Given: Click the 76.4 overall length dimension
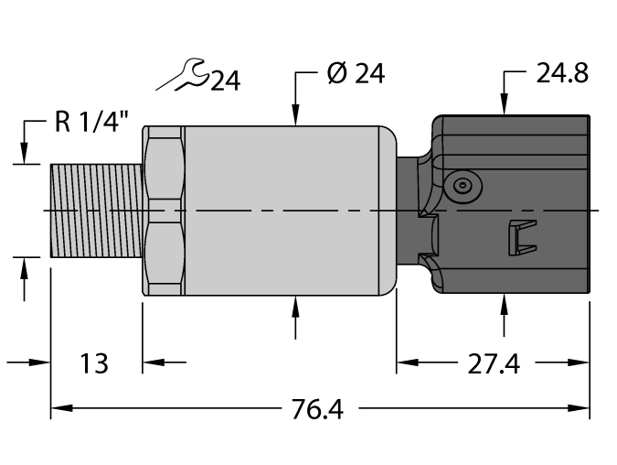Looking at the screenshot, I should (319, 409).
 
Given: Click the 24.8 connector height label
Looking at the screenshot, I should (563, 74).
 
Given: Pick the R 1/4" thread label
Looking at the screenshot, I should (91, 124).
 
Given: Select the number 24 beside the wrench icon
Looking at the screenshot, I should (225, 82).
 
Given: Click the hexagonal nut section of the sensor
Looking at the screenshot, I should (163, 211).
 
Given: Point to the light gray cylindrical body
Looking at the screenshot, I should (283, 211).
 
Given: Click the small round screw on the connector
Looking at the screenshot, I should (463, 187).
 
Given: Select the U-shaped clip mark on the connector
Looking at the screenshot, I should (518, 238).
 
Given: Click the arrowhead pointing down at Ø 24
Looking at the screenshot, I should (295, 116).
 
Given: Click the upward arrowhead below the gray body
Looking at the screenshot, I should (295, 305).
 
